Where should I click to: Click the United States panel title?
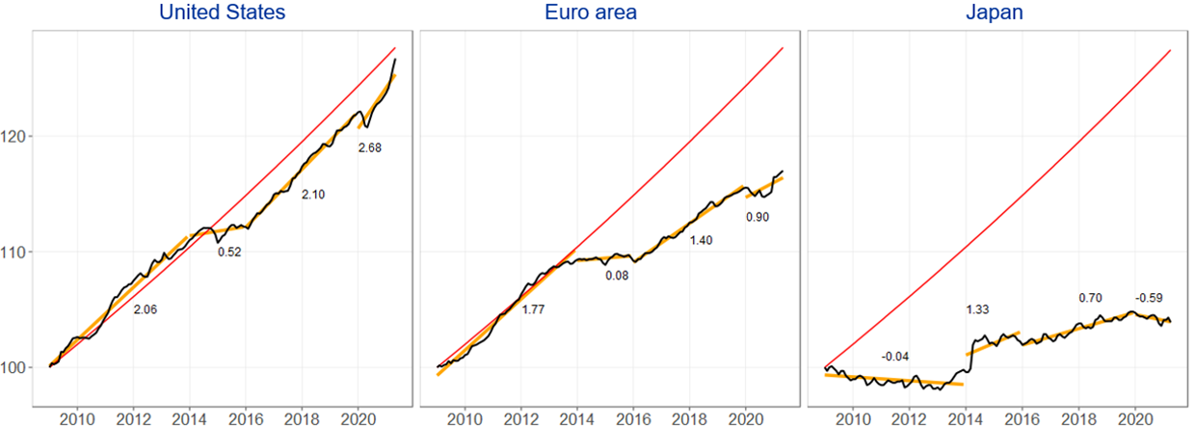point(224,13)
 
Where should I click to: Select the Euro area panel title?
point(610,13)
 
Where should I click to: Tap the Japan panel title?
point(997,13)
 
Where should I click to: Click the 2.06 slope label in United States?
point(145,310)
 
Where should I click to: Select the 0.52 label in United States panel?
point(229,253)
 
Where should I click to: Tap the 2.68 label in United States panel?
point(370,147)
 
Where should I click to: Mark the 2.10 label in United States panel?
point(313,195)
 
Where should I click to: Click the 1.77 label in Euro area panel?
point(534,309)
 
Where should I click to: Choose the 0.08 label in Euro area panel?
point(617,277)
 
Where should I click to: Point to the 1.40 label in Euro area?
point(702,239)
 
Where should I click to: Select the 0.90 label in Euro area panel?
point(757,217)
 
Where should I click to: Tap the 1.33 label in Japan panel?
point(978,309)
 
